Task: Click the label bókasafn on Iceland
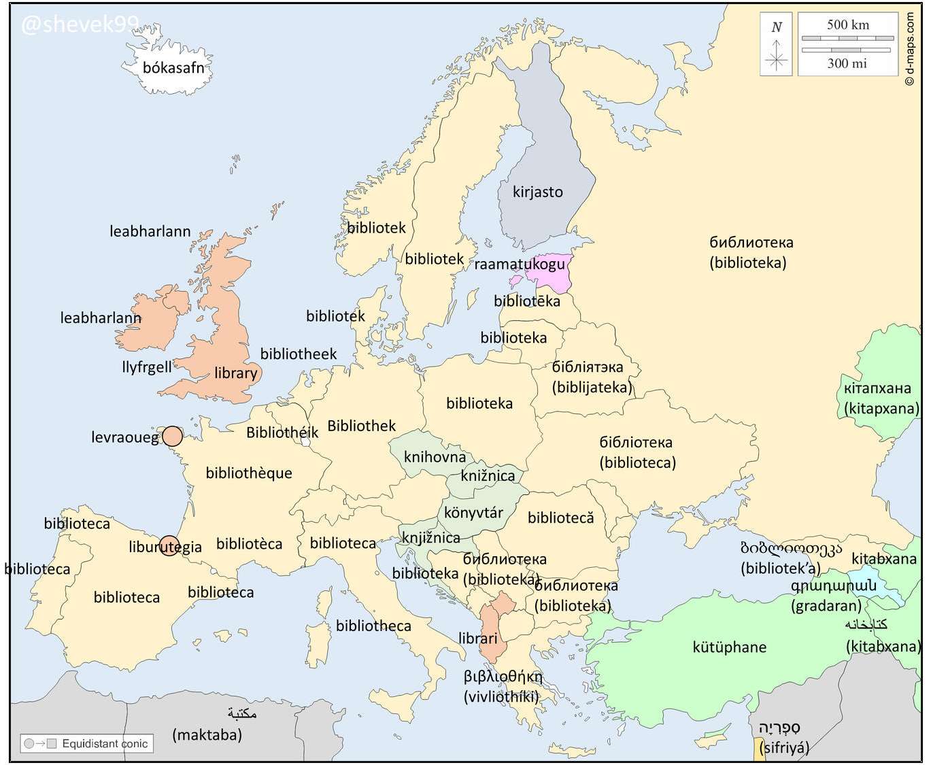[x=173, y=68]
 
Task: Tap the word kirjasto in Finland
[x=537, y=192]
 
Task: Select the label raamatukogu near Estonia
[x=520, y=264]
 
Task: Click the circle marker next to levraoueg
[x=173, y=436]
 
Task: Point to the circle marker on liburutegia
[x=169, y=545]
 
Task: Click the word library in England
[x=235, y=373]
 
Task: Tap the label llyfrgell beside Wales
[x=147, y=367]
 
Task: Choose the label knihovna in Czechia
[x=435, y=457]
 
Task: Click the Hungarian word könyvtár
[x=473, y=513]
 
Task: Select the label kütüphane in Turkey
[x=729, y=647]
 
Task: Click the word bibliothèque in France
[x=249, y=473]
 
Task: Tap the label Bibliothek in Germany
[x=361, y=426]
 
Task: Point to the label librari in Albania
[x=477, y=639]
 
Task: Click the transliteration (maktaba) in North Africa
[x=207, y=735]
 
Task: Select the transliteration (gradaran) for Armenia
[x=826, y=606]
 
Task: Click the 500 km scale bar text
[x=847, y=25]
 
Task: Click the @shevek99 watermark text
[x=80, y=25]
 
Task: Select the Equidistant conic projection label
[x=105, y=744]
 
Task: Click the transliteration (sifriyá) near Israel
[x=784, y=748]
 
